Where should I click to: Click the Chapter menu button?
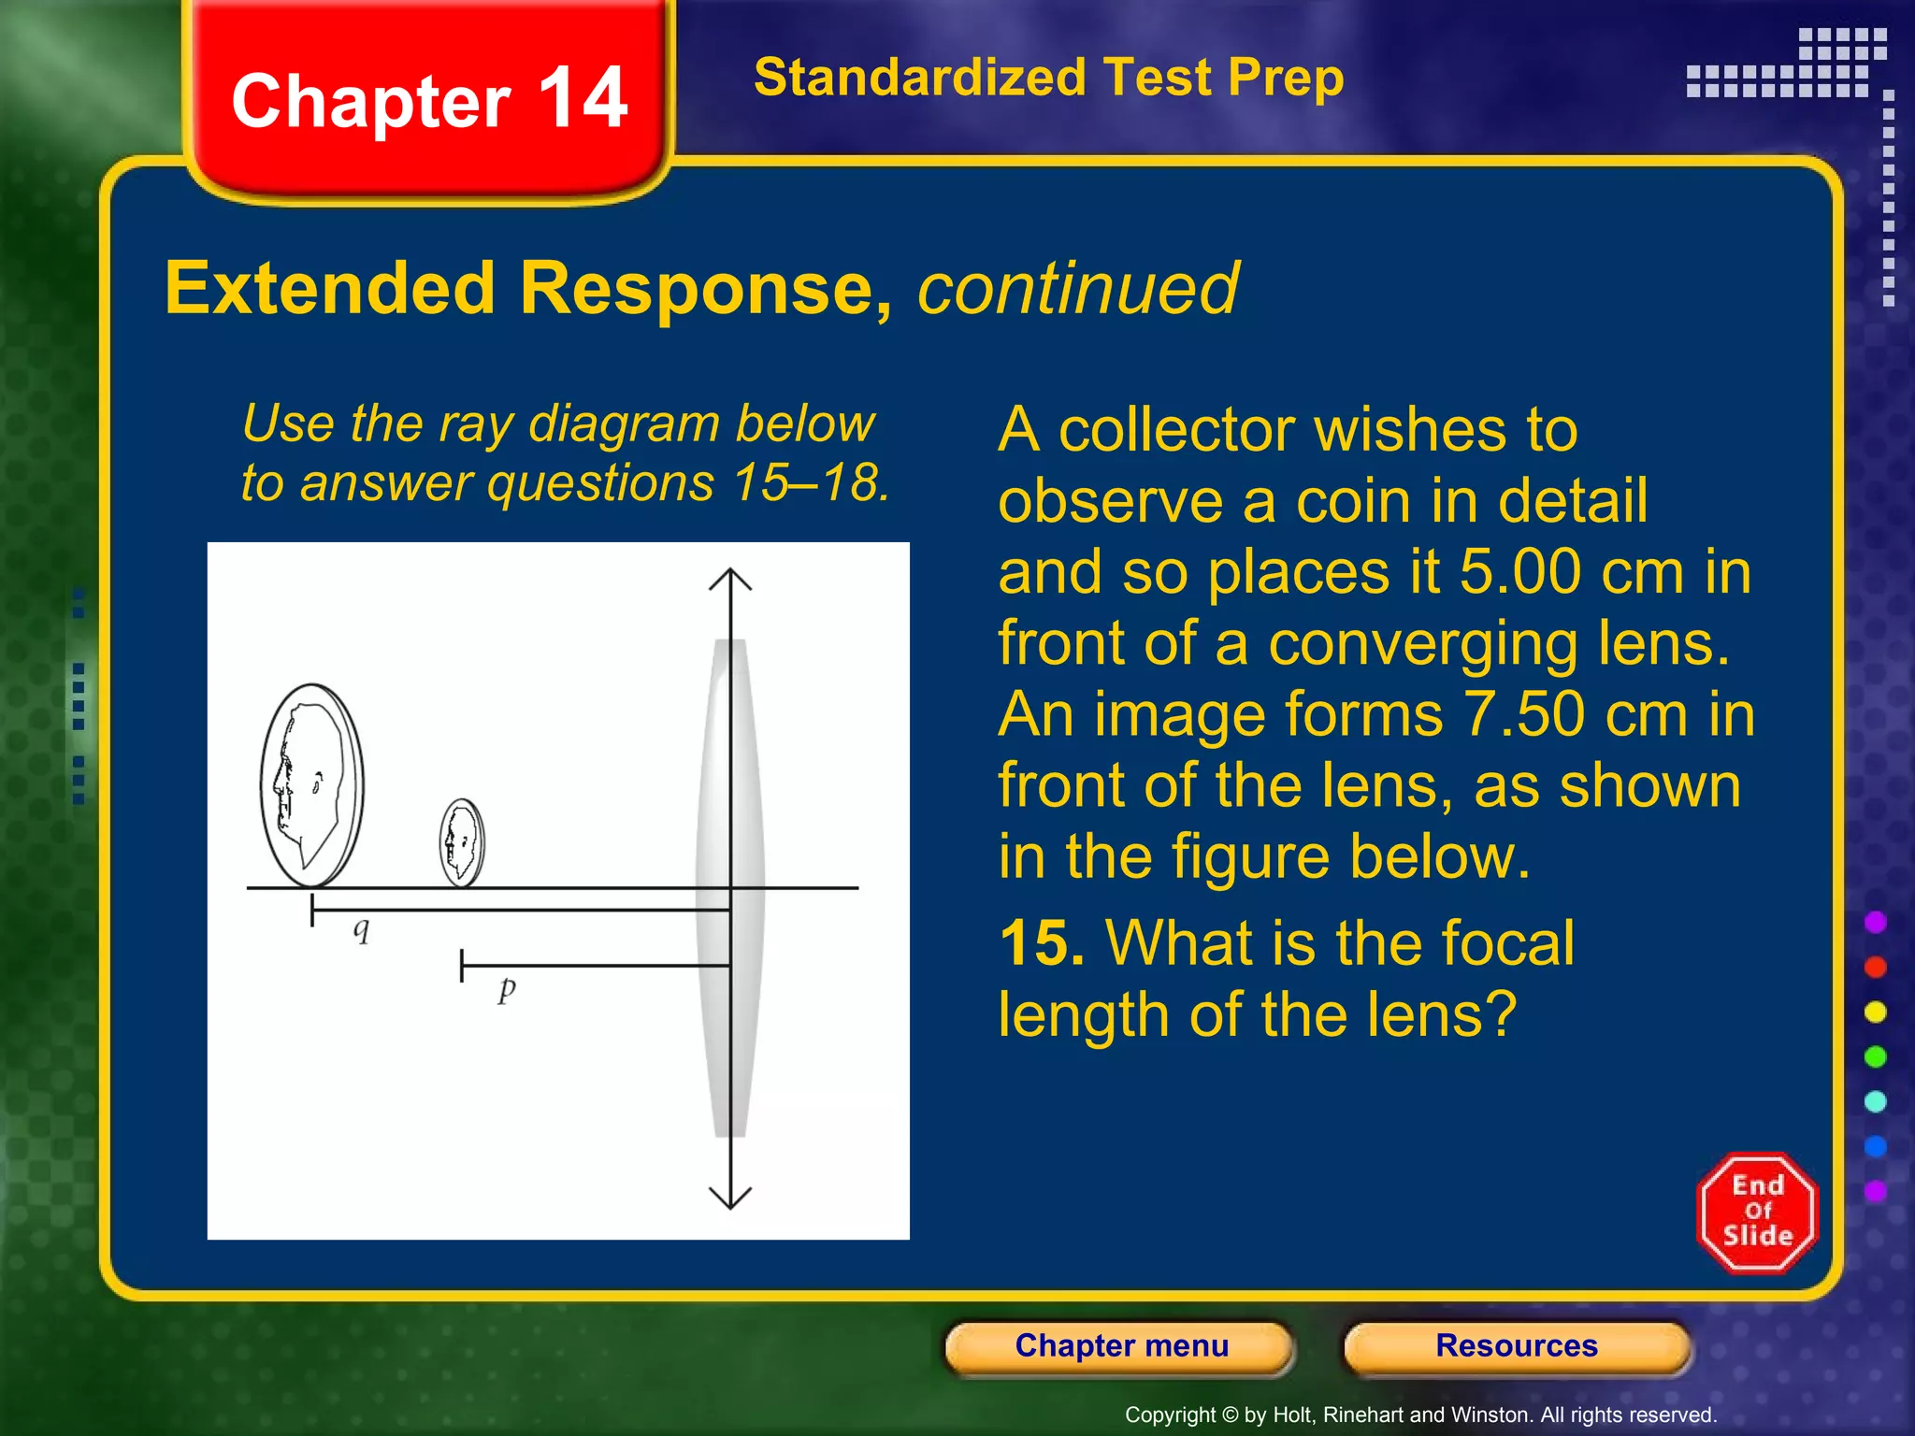[1121, 1346]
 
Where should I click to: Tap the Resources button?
[1516, 1346]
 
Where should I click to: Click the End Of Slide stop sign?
[1757, 1212]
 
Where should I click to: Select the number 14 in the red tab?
[583, 98]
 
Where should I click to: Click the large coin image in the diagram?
[311, 785]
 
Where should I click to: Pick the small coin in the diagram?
[462, 842]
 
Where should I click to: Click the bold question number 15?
[1041, 942]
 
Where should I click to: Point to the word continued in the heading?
[1077, 289]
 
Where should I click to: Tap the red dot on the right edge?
[1875, 967]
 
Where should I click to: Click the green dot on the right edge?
[1875, 1056]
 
